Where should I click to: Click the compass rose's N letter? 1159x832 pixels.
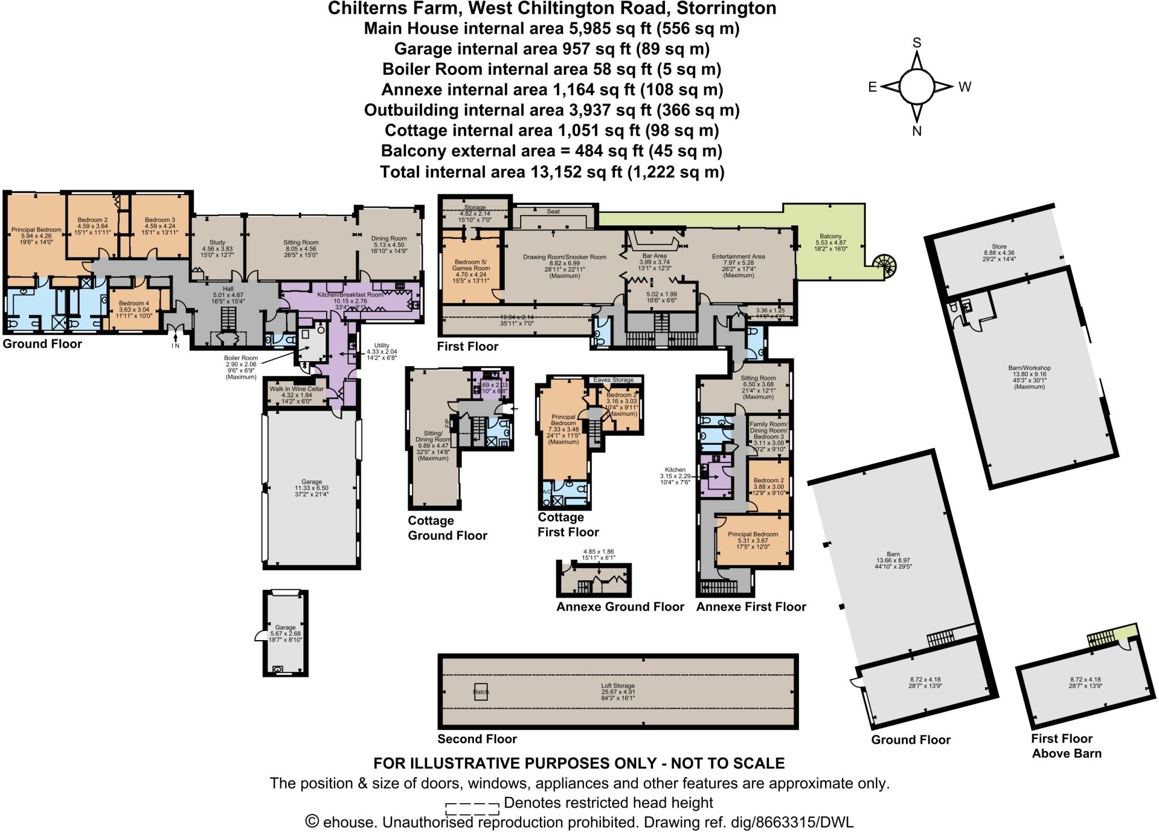pos(917,131)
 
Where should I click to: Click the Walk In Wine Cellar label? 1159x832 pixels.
pos(297,389)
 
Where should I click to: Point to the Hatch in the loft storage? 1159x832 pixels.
pos(480,692)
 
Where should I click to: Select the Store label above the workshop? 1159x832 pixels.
pos(999,246)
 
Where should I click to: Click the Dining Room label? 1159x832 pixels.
pos(389,238)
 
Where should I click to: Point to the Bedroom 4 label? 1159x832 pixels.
pos(134,303)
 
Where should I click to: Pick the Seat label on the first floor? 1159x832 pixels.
pos(553,211)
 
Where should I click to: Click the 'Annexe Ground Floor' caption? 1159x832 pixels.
pos(620,607)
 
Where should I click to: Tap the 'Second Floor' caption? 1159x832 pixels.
pos(477,739)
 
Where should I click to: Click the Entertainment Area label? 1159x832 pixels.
pos(738,256)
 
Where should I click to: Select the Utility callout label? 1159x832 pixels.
pos(382,345)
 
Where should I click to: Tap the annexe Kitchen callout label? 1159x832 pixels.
pos(675,470)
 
